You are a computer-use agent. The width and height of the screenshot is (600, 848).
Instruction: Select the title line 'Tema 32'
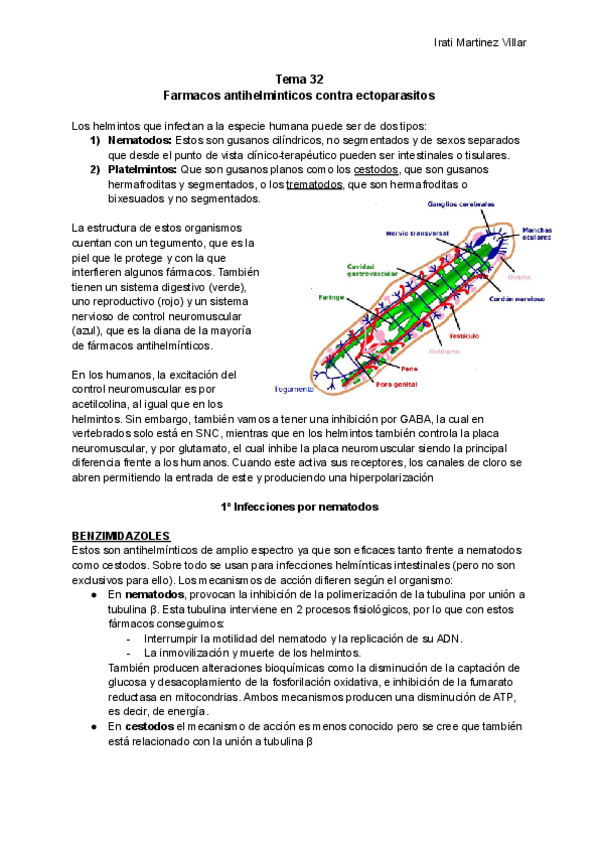pos(299,79)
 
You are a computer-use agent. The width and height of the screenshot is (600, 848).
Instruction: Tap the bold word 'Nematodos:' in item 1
pos(140,141)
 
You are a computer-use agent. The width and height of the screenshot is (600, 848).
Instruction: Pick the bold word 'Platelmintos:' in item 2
pos(143,170)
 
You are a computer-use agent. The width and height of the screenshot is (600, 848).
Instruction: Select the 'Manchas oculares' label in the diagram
pos(544,234)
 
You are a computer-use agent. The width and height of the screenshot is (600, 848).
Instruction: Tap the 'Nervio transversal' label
pos(417,233)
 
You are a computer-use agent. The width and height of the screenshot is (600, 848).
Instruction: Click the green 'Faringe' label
pos(332,297)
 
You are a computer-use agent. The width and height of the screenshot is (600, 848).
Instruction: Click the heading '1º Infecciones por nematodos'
pos(299,507)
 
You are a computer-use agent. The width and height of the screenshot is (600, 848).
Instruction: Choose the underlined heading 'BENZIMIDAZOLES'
pos(122,536)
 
